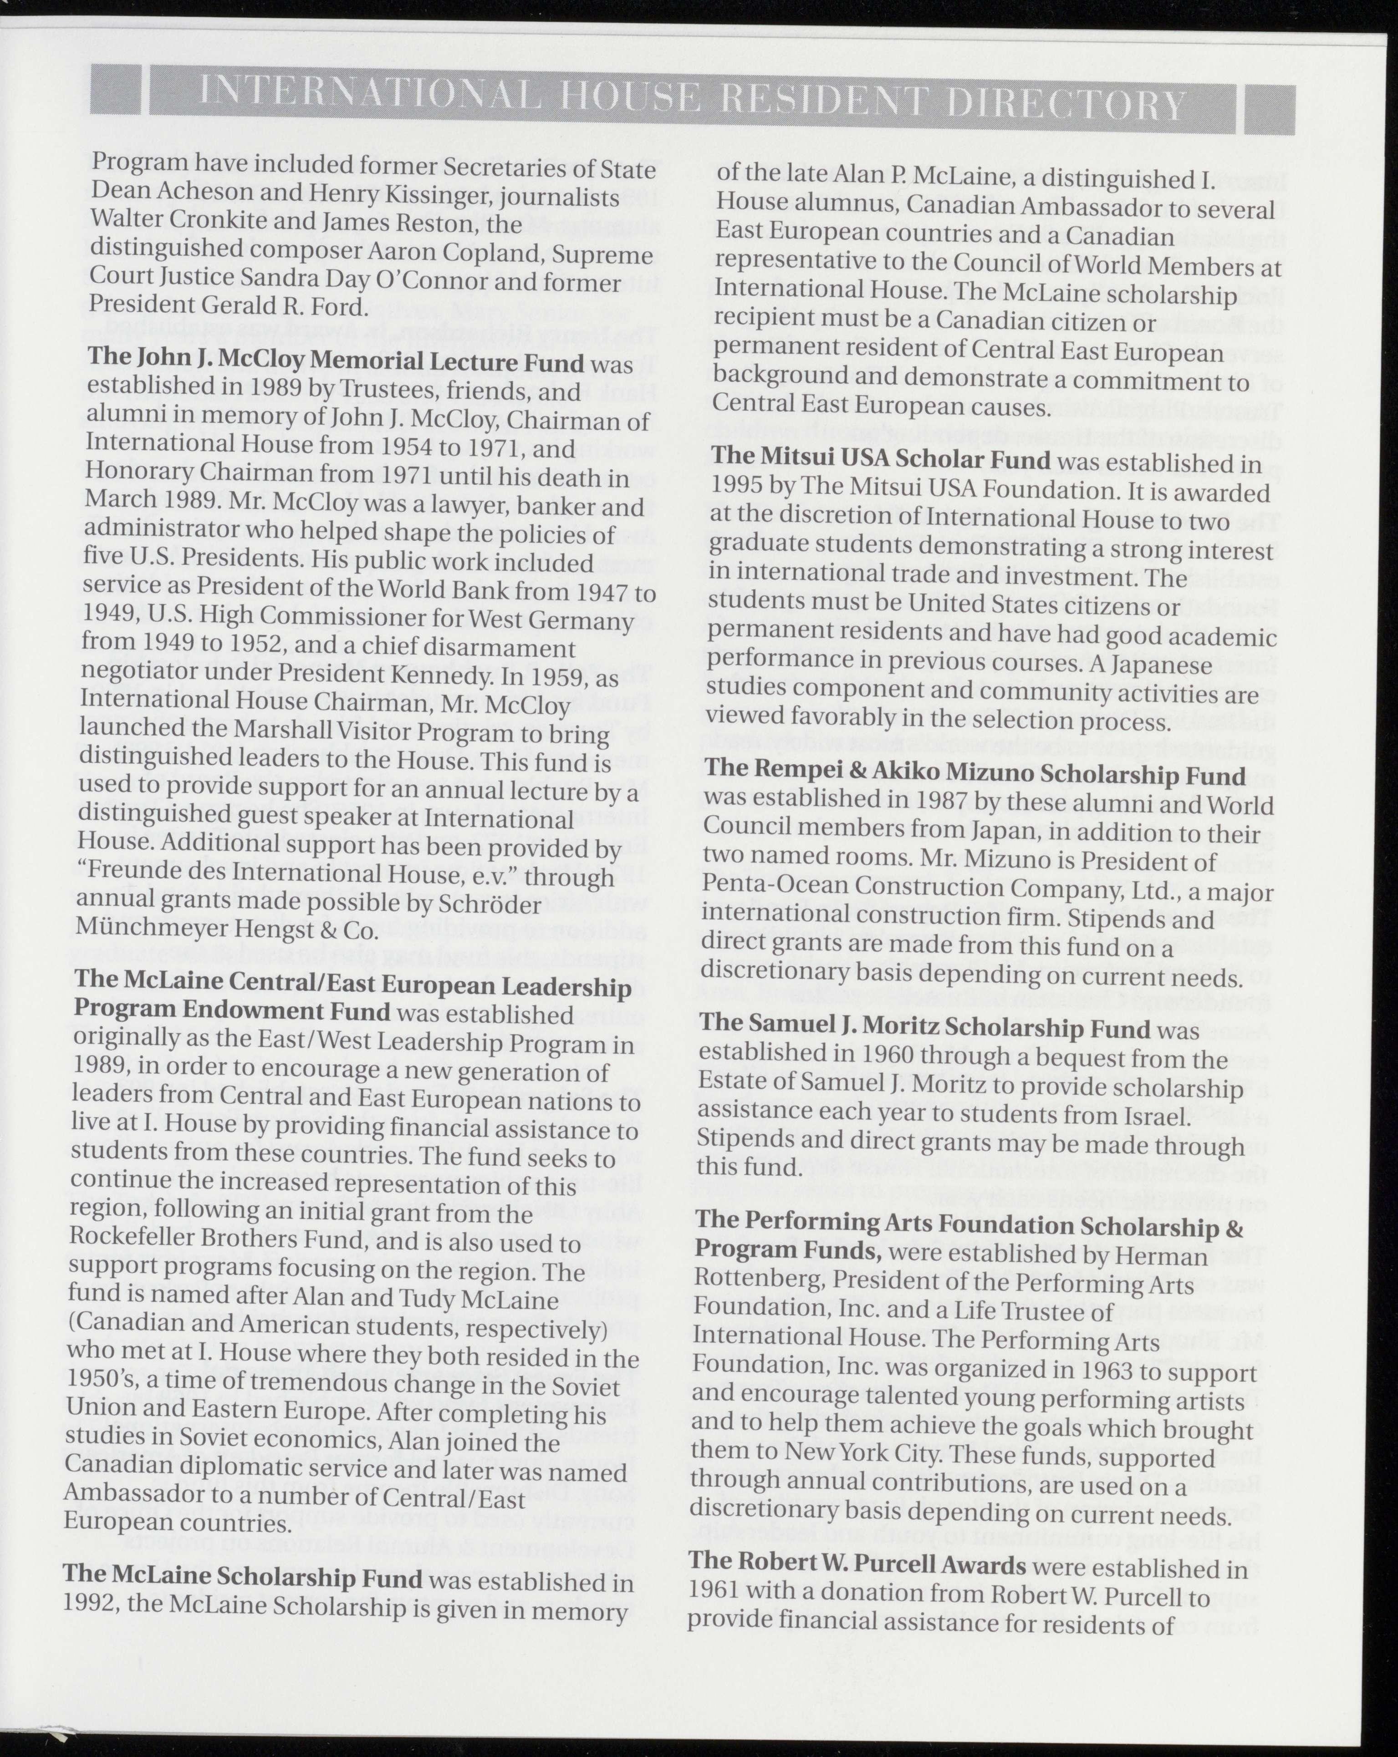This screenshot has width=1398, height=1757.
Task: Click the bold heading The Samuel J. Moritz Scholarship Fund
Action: tap(923, 1029)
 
